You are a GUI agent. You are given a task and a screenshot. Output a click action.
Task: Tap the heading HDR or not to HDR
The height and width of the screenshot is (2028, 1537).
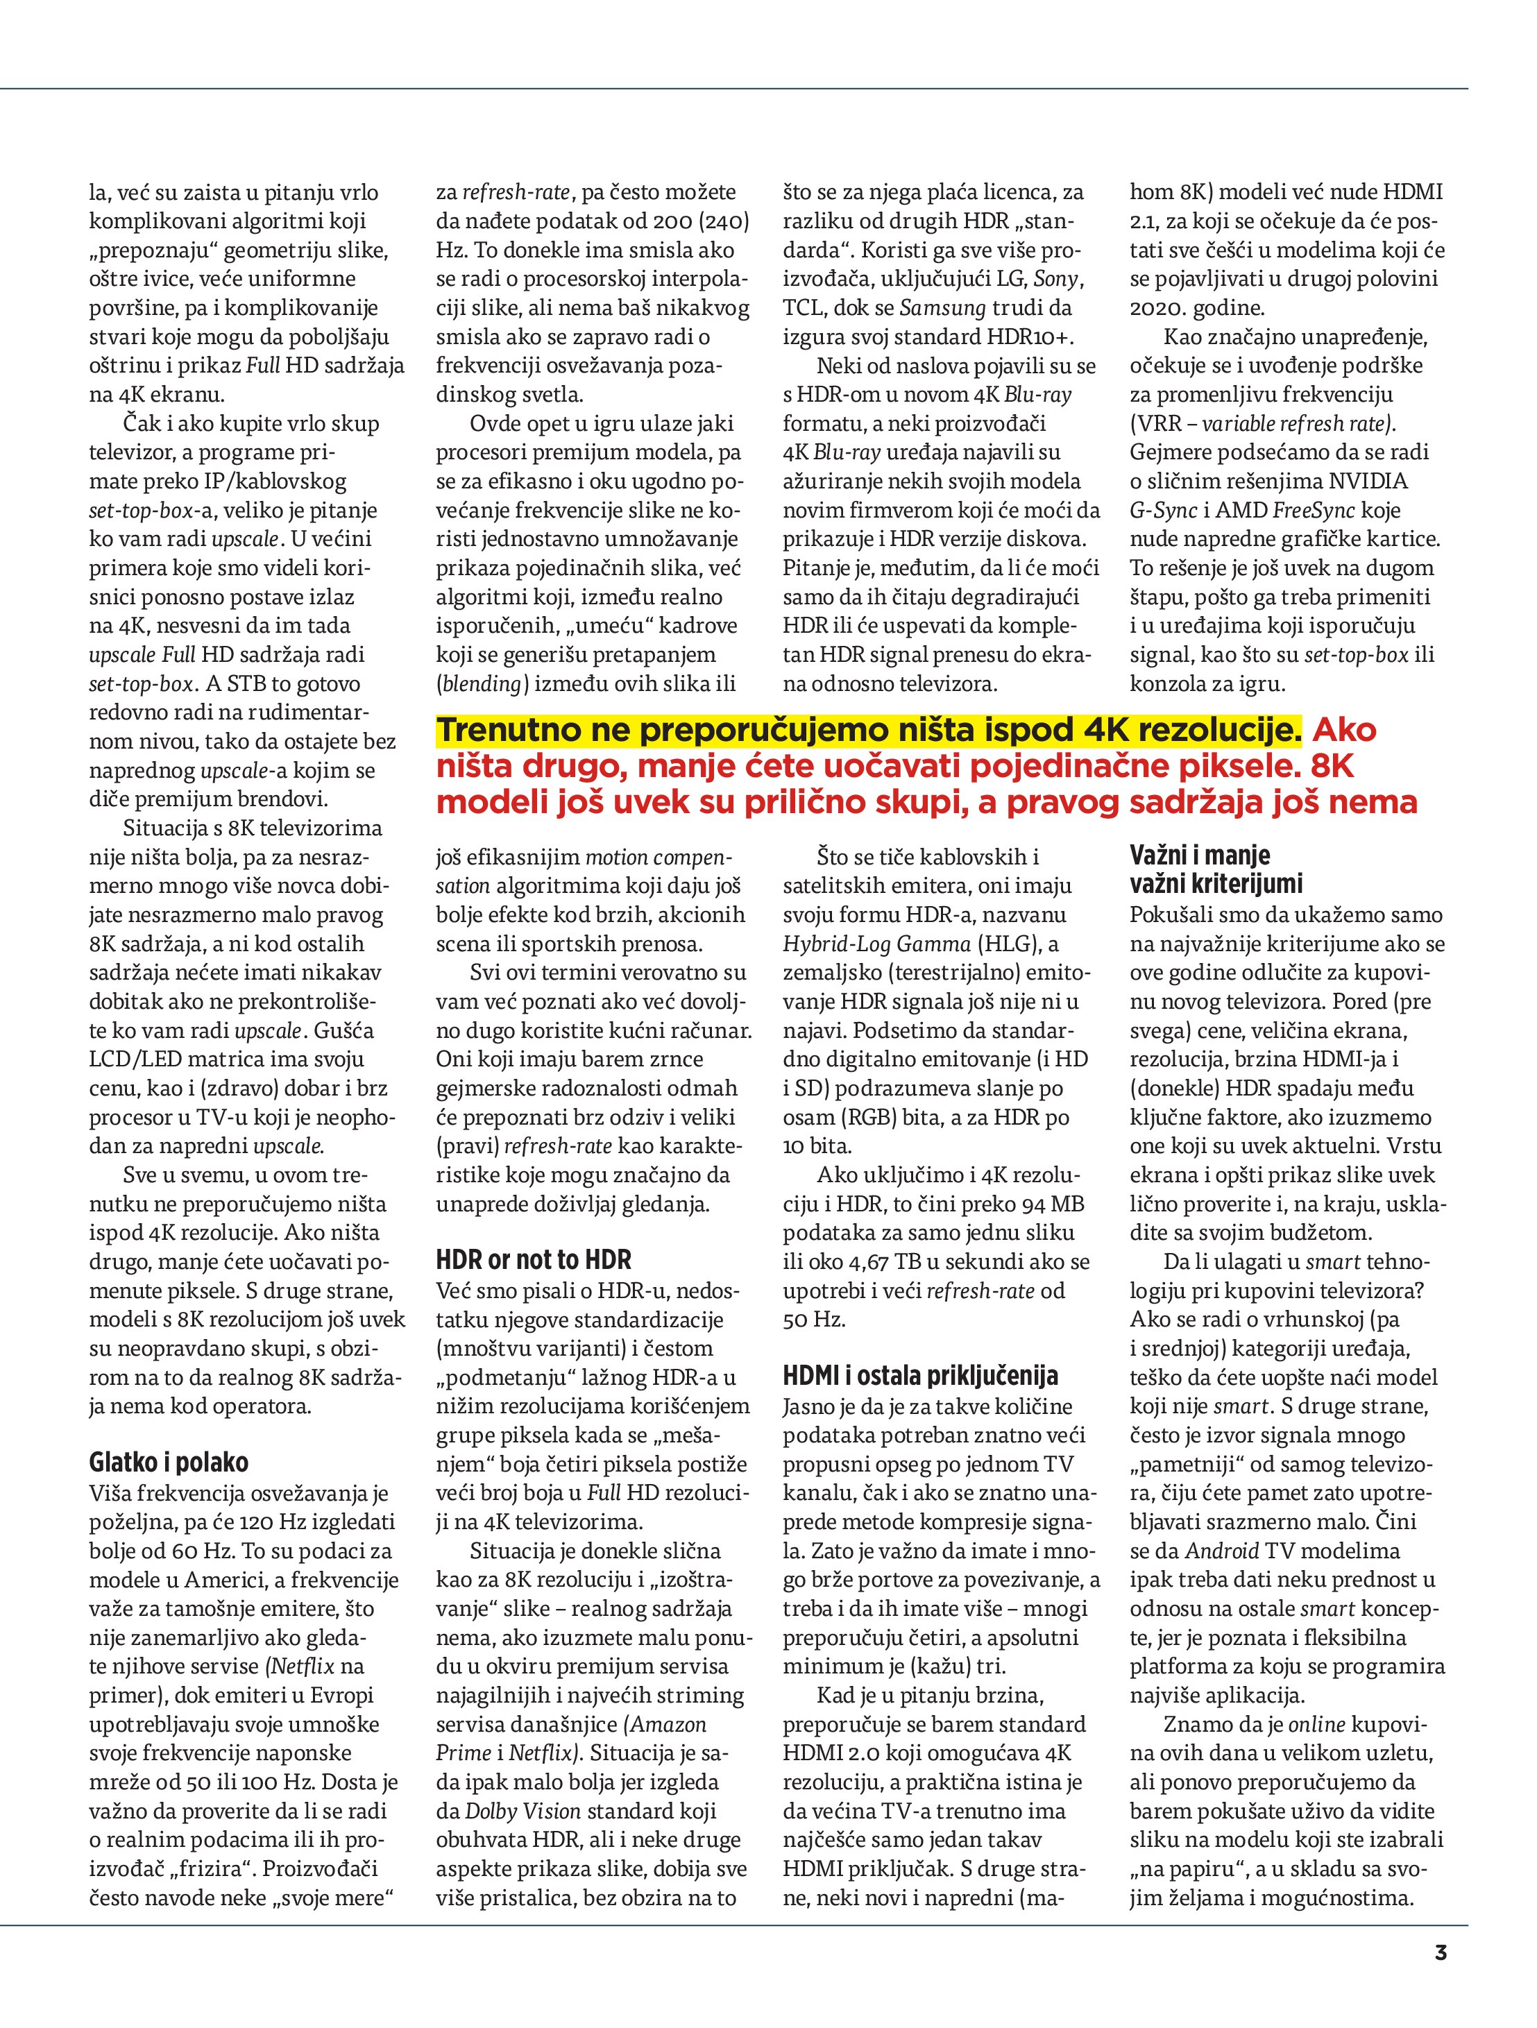pos(534,1260)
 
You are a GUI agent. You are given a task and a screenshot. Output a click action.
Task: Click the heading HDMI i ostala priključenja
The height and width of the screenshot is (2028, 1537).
pos(920,1375)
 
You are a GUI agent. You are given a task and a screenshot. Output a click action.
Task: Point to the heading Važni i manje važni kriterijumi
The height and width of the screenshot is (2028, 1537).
pos(1215,869)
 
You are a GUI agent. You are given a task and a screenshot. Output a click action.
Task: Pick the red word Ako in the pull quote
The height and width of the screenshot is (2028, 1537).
pos(1344,730)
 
